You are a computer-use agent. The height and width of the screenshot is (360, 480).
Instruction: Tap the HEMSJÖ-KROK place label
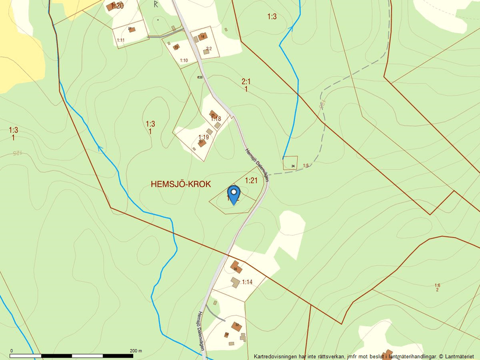point(181,184)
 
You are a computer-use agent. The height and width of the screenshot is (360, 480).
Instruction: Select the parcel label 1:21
point(251,180)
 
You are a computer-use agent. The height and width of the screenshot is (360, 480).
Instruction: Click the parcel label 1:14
point(247,282)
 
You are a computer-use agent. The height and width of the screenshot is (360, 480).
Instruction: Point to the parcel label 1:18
point(216,119)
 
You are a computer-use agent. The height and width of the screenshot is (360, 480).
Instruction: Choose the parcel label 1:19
point(203,137)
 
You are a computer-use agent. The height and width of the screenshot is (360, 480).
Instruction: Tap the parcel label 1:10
point(184,60)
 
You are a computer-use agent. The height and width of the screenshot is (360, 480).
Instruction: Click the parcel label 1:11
point(121,40)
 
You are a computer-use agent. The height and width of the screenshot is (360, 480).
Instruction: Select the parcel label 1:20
point(117,6)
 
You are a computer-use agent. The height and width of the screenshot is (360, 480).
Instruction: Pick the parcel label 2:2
point(209,48)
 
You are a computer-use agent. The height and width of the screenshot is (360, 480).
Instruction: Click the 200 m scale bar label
point(136,351)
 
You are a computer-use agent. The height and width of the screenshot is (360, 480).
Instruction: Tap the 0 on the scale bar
point(12,351)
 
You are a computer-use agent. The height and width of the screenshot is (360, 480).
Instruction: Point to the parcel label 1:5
point(306,166)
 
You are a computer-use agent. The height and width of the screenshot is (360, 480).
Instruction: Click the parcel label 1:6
point(437,285)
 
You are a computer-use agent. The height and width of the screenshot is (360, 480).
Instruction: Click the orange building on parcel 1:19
point(202,143)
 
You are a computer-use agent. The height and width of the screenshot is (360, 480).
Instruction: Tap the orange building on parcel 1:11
point(131,29)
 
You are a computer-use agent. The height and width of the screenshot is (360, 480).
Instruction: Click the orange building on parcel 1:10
point(176,47)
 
